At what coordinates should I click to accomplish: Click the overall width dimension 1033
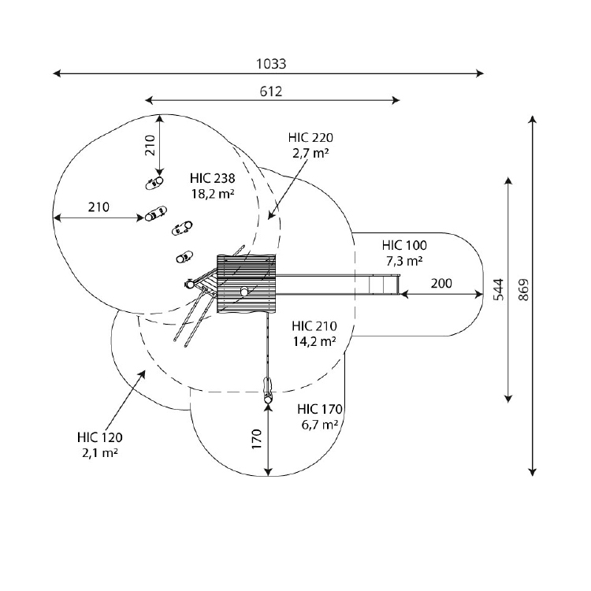tap(271, 64)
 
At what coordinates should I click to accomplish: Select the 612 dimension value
tap(271, 91)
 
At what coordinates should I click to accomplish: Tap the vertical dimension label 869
tap(523, 289)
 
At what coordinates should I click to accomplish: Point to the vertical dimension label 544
tap(498, 289)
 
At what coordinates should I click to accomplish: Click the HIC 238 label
tap(213, 178)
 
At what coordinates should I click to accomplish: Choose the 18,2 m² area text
tap(213, 194)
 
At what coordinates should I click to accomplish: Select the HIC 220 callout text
tap(310, 138)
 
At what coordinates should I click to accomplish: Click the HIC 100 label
tap(404, 245)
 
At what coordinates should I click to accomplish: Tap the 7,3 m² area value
tap(404, 261)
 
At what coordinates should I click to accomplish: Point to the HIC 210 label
tap(314, 326)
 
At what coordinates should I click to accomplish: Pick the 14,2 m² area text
tap(314, 341)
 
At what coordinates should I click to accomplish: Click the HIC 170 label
tap(320, 409)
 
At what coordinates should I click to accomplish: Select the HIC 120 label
tap(100, 437)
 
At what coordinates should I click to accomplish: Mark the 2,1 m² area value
tap(100, 452)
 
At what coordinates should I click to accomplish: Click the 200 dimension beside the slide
tap(441, 283)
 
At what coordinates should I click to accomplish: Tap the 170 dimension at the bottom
tap(257, 439)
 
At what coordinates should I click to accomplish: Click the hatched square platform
tap(246, 284)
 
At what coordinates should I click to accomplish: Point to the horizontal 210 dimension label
tap(98, 207)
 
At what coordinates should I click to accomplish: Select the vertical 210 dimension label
tap(150, 145)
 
